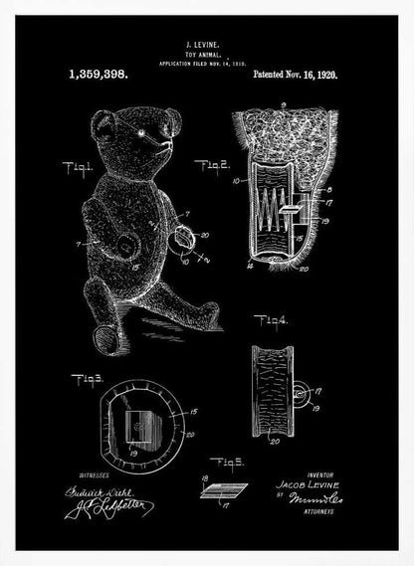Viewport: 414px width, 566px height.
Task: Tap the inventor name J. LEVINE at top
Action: coord(207,46)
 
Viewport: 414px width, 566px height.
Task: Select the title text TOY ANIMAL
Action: coord(207,55)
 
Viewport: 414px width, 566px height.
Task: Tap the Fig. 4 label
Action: coord(271,319)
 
